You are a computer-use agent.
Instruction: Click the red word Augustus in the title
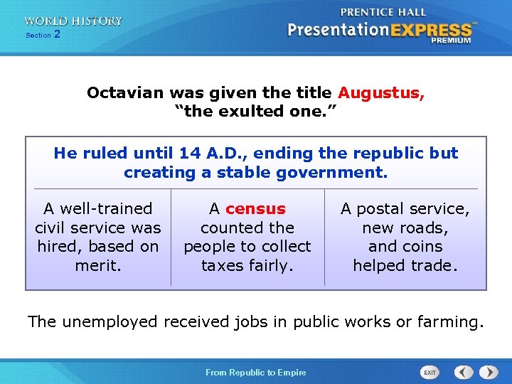(x=380, y=93)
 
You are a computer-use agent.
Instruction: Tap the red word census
(x=255, y=209)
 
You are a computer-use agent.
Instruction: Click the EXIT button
(x=430, y=373)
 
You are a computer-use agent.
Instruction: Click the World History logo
(x=73, y=21)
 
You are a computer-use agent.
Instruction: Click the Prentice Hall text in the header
(x=383, y=12)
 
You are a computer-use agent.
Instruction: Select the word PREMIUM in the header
(x=450, y=41)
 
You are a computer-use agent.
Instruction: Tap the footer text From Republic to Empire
(x=256, y=373)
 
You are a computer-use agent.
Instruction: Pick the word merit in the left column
(x=98, y=266)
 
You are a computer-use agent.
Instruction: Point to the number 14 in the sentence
(x=189, y=154)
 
